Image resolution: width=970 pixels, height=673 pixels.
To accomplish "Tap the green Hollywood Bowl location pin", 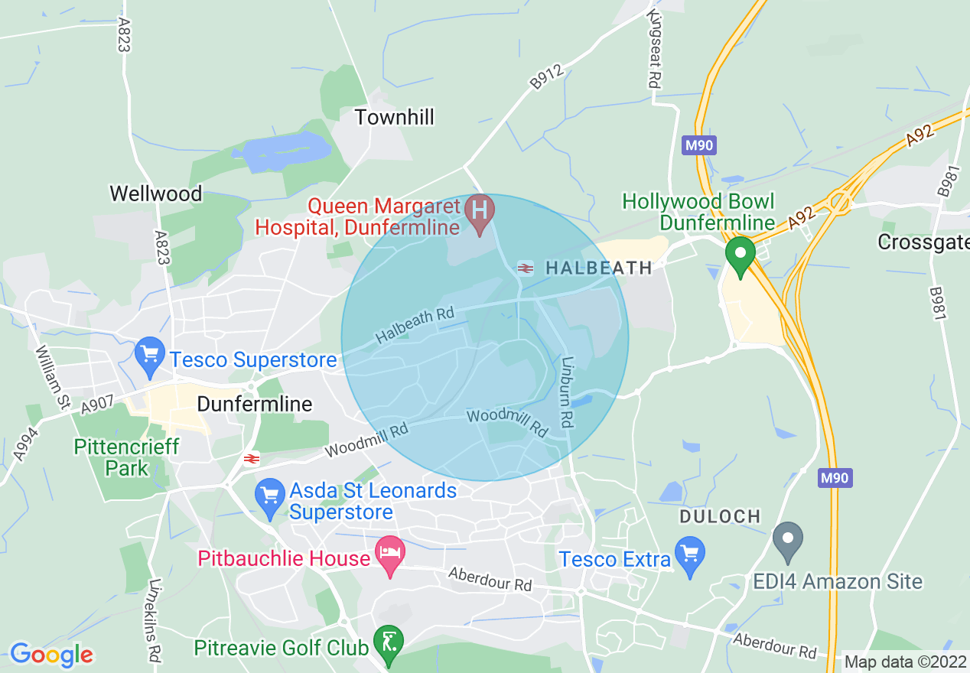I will (x=740, y=255).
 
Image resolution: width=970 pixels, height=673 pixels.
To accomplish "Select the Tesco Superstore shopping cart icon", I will (x=150, y=356).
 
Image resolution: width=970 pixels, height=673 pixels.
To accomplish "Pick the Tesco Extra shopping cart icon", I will (x=690, y=555).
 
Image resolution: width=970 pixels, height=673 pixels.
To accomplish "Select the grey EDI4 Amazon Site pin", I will (x=788, y=538).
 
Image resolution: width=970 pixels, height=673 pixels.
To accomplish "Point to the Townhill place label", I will (x=394, y=117).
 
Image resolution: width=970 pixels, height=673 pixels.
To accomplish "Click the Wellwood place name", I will (x=156, y=193).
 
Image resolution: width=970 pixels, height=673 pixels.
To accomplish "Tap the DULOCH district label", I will (x=721, y=517).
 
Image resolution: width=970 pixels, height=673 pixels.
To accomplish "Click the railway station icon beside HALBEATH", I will (x=526, y=268).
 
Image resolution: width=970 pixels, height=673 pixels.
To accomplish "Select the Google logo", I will (x=51, y=655).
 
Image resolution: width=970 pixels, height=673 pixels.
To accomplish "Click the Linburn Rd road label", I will (x=566, y=392).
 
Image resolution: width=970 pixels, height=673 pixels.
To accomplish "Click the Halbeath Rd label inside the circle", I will (x=415, y=327).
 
